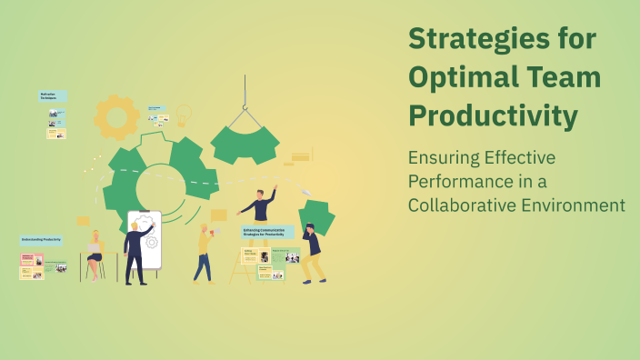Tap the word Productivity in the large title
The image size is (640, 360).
pos(492,117)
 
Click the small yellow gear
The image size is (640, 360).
pos(117,116)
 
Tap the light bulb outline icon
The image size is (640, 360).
pos(184,115)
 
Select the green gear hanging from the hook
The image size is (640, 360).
pos(245,144)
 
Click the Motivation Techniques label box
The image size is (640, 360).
pos(52,95)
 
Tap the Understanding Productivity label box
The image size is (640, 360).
pos(42,240)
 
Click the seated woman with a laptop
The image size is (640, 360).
pos(94,255)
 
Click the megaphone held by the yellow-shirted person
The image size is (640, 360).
pos(215,234)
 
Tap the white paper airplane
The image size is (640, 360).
pos(305,192)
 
